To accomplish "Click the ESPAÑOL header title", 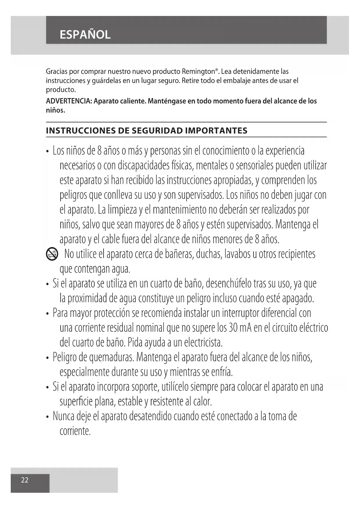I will (x=85, y=35).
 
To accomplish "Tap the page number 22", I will (x=25, y=480).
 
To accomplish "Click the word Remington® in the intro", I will (x=200, y=71).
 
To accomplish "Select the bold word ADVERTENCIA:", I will (x=69, y=101).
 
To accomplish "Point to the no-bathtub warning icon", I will (x=52, y=255).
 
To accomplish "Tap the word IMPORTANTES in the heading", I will (x=216, y=131).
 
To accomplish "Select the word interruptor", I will (x=240, y=313).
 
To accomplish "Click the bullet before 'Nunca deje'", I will (x=47, y=417).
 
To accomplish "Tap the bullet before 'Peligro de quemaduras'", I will (x=47, y=358).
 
